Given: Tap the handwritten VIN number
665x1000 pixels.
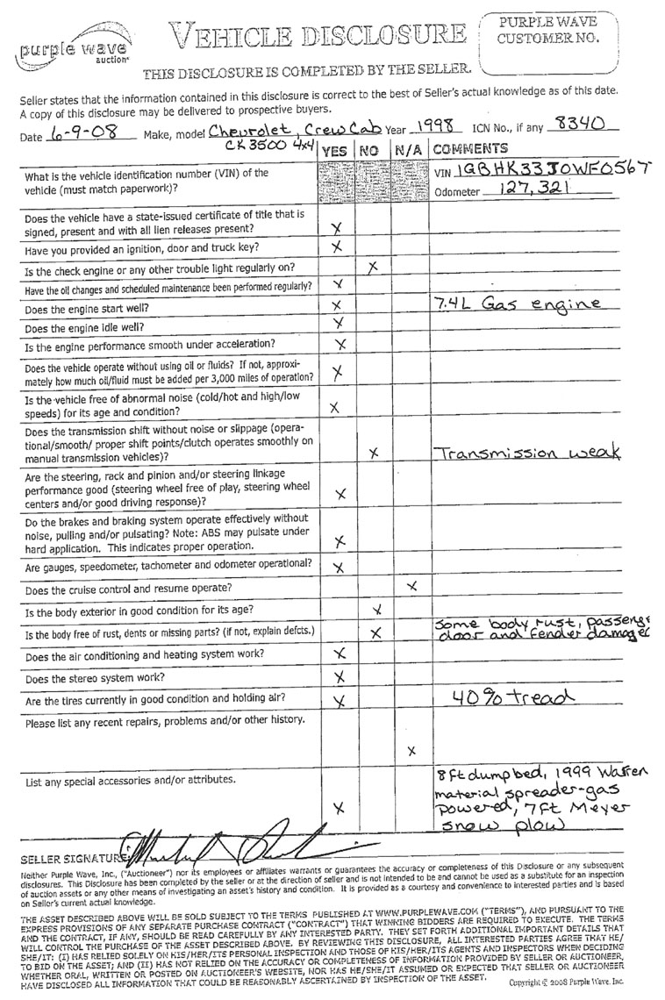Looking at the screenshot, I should tap(548, 169).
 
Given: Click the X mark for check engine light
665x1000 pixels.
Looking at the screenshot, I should tap(373, 265).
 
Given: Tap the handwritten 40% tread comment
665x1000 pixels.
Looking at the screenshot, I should tap(502, 696).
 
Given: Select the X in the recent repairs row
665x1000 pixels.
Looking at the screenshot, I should tap(411, 750).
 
